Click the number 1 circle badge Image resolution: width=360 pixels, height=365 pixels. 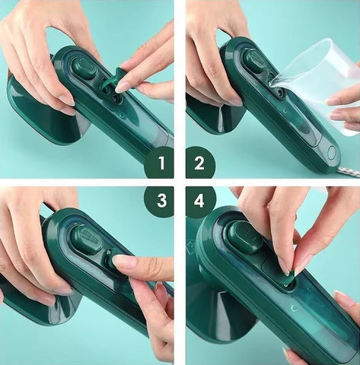(160, 162)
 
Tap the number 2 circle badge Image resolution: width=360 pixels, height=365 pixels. (200, 162)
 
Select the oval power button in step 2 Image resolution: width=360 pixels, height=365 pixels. (331, 151)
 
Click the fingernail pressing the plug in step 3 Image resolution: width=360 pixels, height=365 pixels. (125, 262)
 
